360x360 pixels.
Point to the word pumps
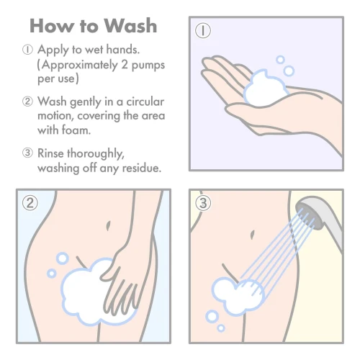click(x=146, y=66)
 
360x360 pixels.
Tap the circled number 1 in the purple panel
click(x=204, y=31)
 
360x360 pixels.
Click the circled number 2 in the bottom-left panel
click(x=30, y=204)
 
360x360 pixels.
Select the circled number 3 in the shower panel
click(x=204, y=204)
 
